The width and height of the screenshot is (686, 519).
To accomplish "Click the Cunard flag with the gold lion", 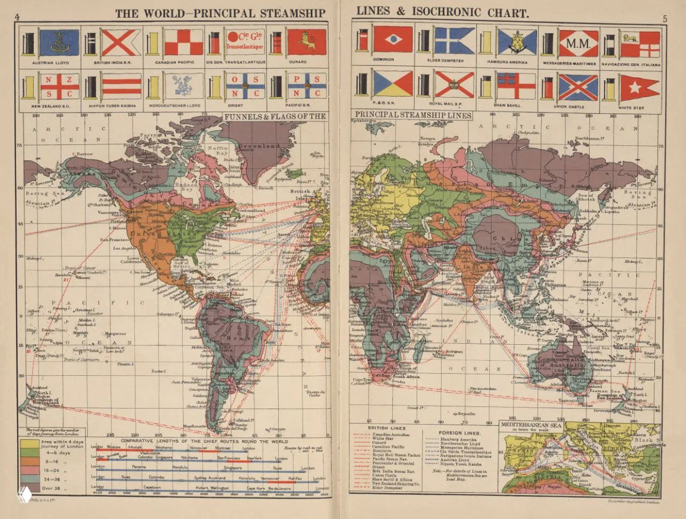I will pos(307,42).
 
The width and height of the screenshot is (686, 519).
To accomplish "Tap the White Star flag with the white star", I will pos(639,87).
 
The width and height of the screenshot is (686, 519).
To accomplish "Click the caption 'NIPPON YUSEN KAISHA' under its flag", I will pos(113,106).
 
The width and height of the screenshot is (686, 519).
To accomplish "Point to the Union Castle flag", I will pos(578,87).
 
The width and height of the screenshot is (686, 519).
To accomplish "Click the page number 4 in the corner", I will pos(18,15).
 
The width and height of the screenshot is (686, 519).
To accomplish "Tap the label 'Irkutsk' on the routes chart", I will pos(134,447).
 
